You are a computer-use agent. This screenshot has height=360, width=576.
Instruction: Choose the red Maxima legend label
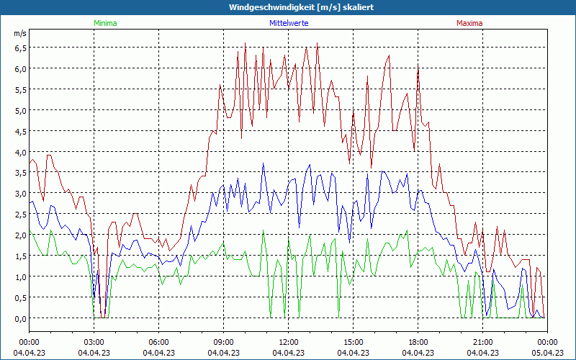point(469,23)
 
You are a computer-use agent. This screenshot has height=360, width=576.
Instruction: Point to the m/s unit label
point(20,33)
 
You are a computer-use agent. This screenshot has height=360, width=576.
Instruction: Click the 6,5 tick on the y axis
point(20,48)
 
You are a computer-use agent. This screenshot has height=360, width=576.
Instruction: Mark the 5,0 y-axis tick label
point(20,110)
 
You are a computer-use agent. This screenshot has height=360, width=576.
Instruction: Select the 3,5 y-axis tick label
point(20,173)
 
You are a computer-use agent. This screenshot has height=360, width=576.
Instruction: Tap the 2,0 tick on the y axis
point(20,235)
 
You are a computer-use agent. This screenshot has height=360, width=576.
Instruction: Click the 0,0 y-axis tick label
point(20,318)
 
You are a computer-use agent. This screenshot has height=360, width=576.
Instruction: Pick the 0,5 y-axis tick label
point(20,298)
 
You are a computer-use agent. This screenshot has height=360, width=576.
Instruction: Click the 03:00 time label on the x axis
point(94,342)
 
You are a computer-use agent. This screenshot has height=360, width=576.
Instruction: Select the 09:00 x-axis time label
point(224,342)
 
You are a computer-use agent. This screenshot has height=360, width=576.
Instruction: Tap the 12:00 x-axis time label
point(289,342)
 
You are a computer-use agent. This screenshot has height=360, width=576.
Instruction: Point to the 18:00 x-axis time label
point(418,342)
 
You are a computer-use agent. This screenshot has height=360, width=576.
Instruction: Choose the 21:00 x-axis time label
point(483,342)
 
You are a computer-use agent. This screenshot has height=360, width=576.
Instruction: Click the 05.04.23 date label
point(548,353)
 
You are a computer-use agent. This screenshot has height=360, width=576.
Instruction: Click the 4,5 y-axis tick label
point(20,131)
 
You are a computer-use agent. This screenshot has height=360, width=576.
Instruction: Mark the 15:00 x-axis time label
point(354,342)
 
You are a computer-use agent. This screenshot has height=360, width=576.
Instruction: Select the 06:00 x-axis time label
point(159,342)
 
